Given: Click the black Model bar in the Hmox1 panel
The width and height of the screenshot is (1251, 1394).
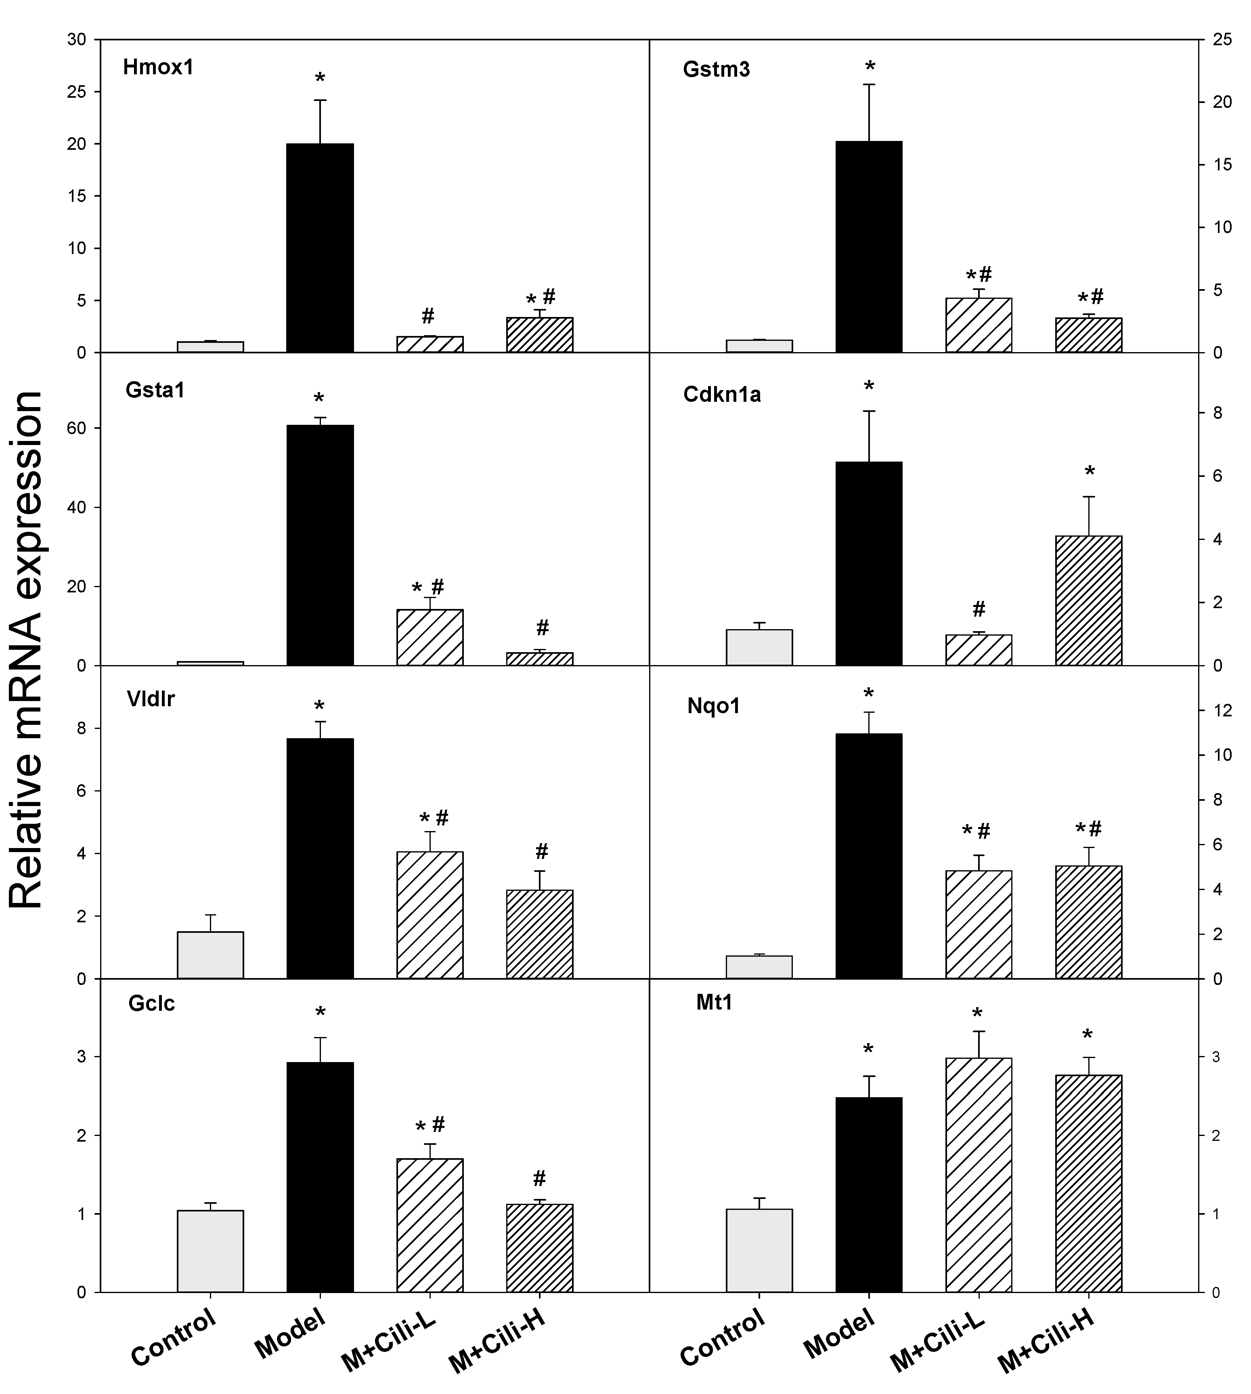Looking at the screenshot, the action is pyautogui.click(x=320, y=248).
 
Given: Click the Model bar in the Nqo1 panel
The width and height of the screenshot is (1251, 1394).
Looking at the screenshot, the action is pyautogui.click(x=868, y=856).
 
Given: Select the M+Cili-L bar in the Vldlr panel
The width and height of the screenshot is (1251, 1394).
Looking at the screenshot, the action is pyautogui.click(x=430, y=915).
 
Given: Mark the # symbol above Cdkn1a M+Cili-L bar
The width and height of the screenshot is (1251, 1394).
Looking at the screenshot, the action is pyautogui.click(x=979, y=609).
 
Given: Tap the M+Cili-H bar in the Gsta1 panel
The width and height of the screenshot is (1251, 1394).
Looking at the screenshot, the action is pyautogui.click(x=540, y=659).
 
